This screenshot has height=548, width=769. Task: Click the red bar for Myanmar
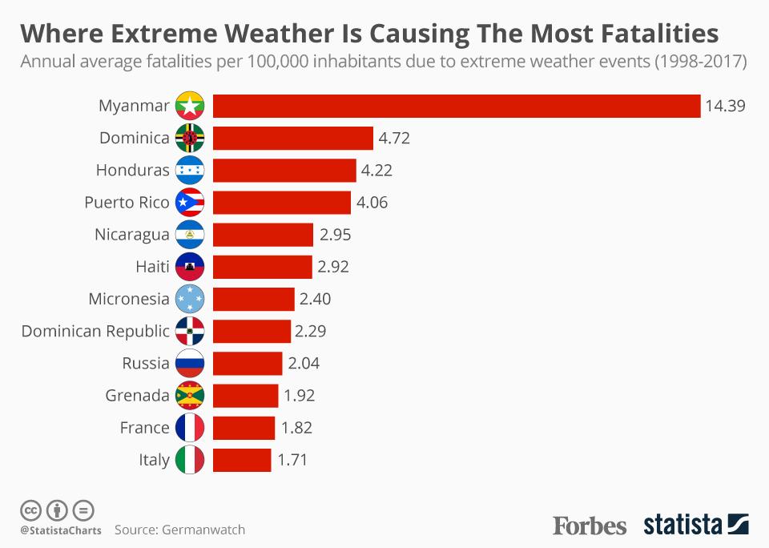pyautogui.click(x=457, y=107)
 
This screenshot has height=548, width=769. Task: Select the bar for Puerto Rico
pyautogui.click(x=282, y=203)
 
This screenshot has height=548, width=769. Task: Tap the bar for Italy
pyautogui.click(x=242, y=460)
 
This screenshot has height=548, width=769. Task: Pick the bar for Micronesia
pyautogui.click(x=254, y=300)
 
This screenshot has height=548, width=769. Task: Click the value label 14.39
pyautogui.click(x=726, y=107)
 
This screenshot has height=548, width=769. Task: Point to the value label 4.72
pyautogui.click(x=394, y=139)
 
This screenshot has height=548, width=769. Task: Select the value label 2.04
pyautogui.click(x=304, y=364)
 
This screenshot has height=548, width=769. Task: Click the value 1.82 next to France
pyautogui.click(x=296, y=428)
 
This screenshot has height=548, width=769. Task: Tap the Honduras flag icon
pyautogui.click(x=190, y=171)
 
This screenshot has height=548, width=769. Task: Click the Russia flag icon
pyautogui.click(x=190, y=364)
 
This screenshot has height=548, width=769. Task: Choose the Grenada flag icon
pyautogui.click(x=190, y=396)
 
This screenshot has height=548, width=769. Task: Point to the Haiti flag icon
pyautogui.click(x=190, y=267)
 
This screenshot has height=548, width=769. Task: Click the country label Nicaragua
pyautogui.click(x=132, y=235)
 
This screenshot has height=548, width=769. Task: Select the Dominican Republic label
pyautogui.click(x=95, y=332)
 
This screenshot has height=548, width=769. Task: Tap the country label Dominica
pyautogui.click(x=135, y=139)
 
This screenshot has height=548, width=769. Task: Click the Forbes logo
pyautogui.click(x=590, y=526)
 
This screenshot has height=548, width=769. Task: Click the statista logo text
pyautogui.click(x=683, y=526)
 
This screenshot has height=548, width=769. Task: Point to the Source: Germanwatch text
pyautogui.click(x=179, y=530)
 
